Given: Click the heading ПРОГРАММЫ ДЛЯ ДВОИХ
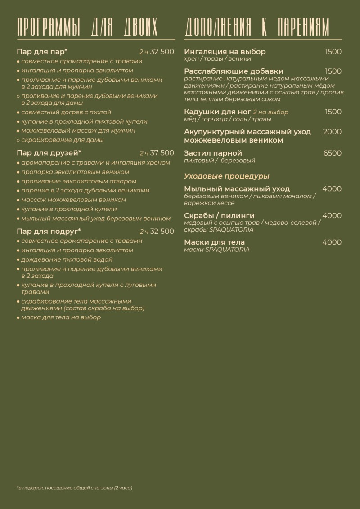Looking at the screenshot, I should (87, 27).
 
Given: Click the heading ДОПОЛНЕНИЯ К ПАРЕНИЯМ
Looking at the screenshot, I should (257, 27).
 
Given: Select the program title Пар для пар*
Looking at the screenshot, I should (42, 51).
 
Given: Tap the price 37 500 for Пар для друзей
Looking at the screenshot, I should (162, 153).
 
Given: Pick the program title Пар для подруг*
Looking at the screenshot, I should (49, 231).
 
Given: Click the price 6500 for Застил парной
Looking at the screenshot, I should (332, 153).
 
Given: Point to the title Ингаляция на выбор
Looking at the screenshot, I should (225, 51).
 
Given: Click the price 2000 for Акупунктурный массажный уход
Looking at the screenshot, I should (332, 132).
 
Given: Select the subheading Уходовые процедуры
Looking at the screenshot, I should (227, 176).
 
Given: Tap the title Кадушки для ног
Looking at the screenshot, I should (217, 112).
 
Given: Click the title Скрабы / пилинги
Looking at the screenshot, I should (219, 215).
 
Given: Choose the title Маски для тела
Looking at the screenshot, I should (215, 242).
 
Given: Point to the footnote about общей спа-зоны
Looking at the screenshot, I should (75, 487).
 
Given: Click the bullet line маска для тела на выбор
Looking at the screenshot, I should (61, 317).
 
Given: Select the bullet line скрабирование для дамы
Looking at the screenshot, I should (62, 140).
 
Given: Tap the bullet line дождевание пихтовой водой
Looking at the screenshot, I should (67, 259).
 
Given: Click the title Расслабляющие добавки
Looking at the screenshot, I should (234, 71).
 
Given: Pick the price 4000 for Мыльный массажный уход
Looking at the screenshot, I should (332, 189).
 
